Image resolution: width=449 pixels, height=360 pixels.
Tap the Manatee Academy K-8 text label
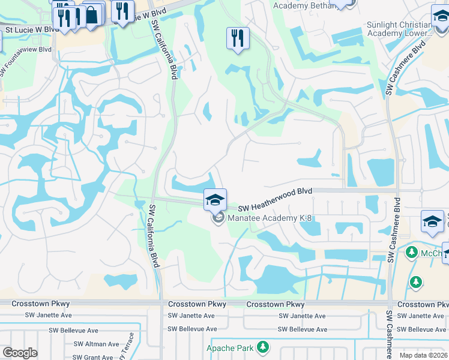coord(265,217)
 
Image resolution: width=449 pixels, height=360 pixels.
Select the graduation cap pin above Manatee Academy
coord(215,200)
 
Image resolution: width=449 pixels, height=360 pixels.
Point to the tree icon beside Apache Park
coord(262,347)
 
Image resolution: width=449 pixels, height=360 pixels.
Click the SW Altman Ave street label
coord(98,344)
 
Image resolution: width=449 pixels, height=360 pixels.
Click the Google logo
coord(20,353)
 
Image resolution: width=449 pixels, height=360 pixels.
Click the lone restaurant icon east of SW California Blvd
coord(238,39)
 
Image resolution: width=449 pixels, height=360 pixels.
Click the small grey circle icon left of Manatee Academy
coord(218,217)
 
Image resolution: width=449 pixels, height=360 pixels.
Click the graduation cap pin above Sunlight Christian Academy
coord(441,17)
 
